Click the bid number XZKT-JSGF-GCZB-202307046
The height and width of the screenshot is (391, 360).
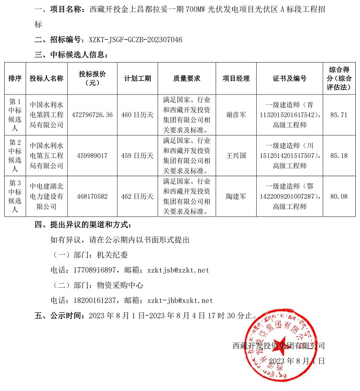coord(135,40)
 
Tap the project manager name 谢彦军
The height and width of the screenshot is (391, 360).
coord(236,115)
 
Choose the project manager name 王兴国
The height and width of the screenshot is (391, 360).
coord(236,155)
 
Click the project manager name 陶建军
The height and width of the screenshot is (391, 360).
coord(236,197)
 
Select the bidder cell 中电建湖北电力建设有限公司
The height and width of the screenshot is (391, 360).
coord(46,197)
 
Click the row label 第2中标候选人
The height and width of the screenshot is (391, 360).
coord(15,155)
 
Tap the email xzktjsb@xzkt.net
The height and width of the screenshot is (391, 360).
coord(178,270)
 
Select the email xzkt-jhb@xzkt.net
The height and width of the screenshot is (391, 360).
coord(180,300)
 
